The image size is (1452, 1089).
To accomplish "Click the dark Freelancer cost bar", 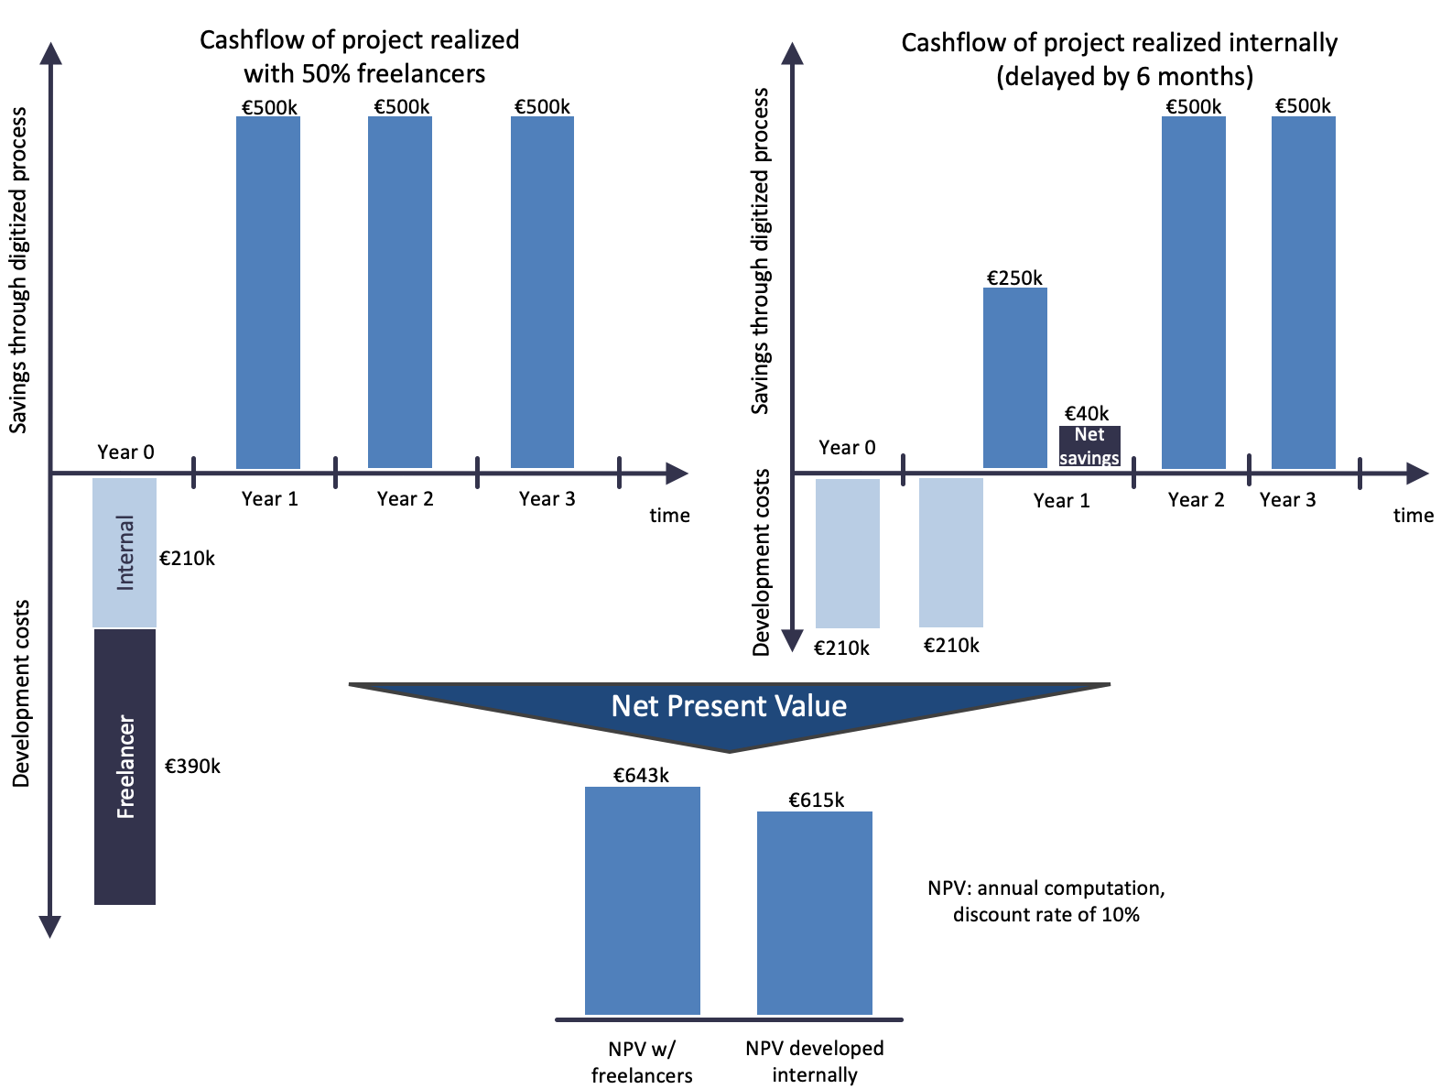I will (125, 767).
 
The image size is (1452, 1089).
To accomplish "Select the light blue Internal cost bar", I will (125, 552).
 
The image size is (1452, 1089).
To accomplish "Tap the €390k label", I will (192, 766).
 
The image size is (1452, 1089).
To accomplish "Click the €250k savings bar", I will (1014, 377).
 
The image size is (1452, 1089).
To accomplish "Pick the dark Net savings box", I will (1089, 446).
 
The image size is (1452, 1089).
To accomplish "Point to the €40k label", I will (1087, 414).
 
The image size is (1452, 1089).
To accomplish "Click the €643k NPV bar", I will (642, 900).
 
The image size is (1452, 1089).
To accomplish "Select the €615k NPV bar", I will (814, 912).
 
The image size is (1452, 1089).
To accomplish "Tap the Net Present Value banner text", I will (729, 706).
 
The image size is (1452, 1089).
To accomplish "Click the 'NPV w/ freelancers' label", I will (642, 1062).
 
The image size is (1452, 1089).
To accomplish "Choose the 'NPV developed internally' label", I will (814, 1061).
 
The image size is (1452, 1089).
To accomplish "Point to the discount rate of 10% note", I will (1046, 914).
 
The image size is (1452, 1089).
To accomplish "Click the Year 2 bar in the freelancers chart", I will (400, 292).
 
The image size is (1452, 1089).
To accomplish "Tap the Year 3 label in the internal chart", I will (1287, 500).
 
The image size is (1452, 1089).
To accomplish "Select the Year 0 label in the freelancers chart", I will (125, 452).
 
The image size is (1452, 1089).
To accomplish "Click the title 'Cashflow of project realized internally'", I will (1120, 44).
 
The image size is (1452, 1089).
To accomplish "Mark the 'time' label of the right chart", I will (1413, 516).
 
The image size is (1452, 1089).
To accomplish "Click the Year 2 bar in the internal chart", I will (1193, 292).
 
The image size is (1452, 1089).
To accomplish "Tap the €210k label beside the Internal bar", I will (187, 559).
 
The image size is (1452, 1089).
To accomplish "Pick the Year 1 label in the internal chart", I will (1061, 501).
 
